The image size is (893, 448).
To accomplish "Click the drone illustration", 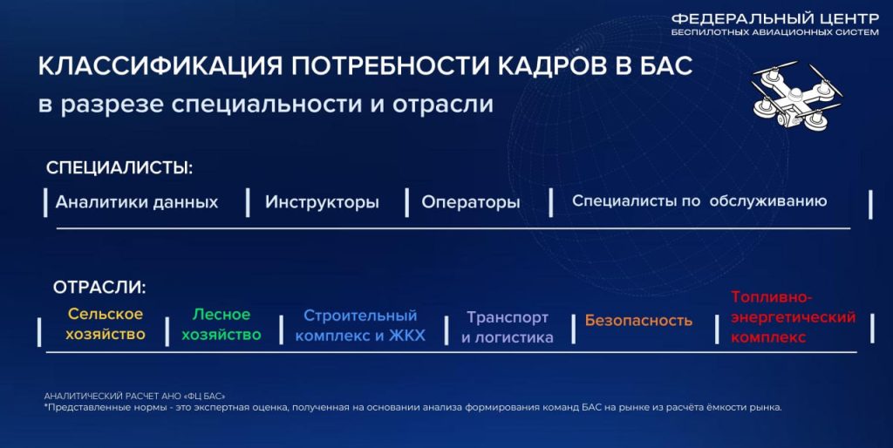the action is click(797, 94).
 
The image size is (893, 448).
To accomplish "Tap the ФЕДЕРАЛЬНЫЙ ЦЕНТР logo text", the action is click(775, 19).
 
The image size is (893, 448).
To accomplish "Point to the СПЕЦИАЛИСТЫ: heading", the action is click(120, 168).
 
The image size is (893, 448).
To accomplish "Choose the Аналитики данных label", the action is click(137, 202).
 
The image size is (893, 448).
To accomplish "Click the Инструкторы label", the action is click(322, 202).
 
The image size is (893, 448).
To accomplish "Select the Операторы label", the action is click(471, 202).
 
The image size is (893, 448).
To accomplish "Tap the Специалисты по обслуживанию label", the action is click(699, 201).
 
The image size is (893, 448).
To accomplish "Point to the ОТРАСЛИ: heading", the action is click(99, 288).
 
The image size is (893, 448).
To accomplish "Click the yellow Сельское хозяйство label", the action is click(106, 324).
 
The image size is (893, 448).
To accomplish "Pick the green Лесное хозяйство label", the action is click(221, 324).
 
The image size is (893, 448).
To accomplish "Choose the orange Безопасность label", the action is click(638, 321).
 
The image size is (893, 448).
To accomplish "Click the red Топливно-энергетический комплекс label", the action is click(794, 317).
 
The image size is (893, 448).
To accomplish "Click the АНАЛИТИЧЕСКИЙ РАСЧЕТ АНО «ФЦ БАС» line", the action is click(135, 396).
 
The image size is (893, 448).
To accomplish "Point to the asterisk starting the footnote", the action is click(45, 406).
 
